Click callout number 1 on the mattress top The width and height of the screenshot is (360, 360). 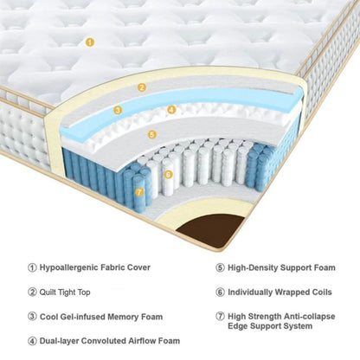pos(89,41)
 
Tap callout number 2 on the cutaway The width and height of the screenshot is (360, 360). pos(142,87)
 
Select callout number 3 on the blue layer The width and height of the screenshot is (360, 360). pos(118,110)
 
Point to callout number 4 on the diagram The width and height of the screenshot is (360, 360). pos(172,110)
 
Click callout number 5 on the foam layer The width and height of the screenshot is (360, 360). pos(151,134)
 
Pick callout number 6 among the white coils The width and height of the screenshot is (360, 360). pos(168,174)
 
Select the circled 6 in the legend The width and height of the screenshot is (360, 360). pos(220,292)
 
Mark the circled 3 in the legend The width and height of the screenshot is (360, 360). pos(32,316)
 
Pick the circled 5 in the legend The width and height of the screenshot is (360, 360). pos(220,267)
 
